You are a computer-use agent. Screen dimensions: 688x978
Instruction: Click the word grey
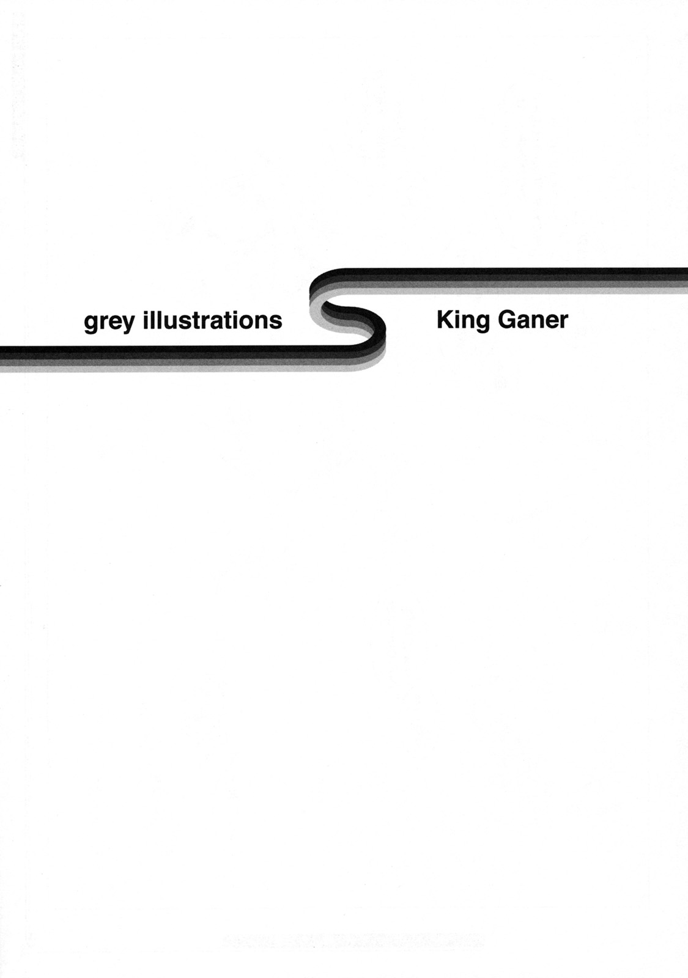click(x=109, y=323)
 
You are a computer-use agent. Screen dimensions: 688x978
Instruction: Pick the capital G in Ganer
click(x=507, y=320)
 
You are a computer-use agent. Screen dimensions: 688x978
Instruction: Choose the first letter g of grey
click(x=91, y=325)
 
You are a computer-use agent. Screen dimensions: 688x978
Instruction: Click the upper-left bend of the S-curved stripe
click(x=324, y=283)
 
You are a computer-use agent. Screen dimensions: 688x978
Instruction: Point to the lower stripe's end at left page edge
click(x=1, y=358)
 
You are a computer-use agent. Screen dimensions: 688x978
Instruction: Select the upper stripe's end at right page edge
click(x=687, y=281)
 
